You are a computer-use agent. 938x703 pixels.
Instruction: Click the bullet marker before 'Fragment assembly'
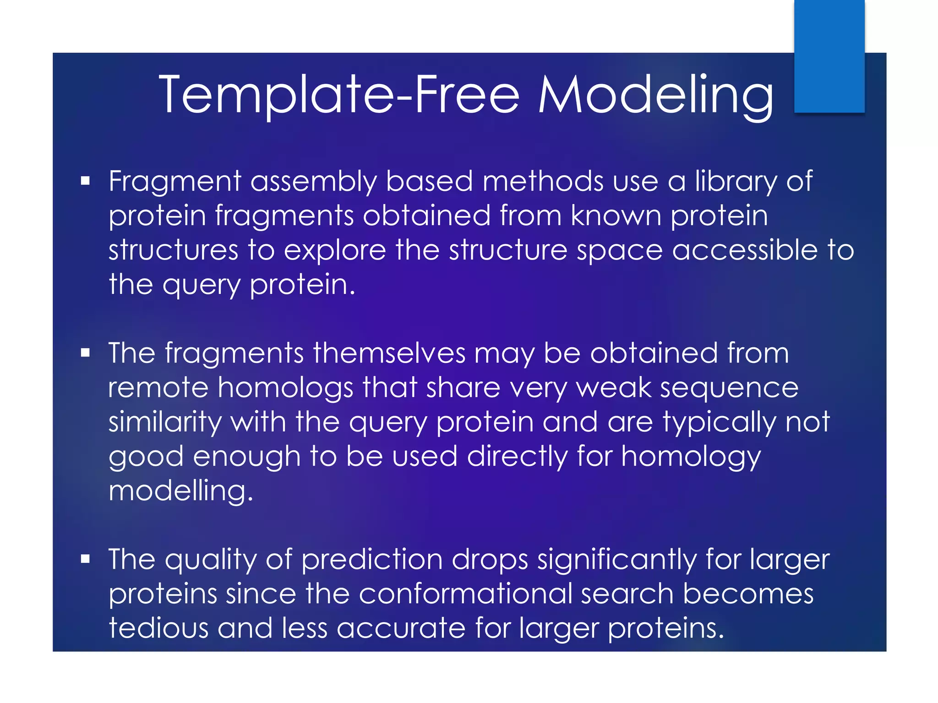pyautogui.click(x=85, y=181)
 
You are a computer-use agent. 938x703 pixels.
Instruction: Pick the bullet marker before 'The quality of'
pyautogui.click(x=85, y=559)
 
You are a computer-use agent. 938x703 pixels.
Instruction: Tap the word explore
pyautogui.click(x=334, y=250)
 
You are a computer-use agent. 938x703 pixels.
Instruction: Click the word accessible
pyautogui.click(x=745, y=250)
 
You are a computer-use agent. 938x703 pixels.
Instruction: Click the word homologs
pyautogui.click(x=285, y=388)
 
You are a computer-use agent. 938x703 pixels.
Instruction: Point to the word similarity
pyautogui.click(x=165, y=422)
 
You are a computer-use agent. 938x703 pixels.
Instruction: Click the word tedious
pyautogui.click(x=158, y=628)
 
